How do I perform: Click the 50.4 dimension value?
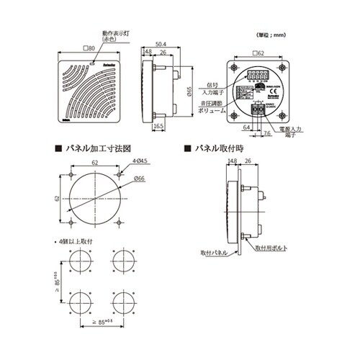coord(163,44)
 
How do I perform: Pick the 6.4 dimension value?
coord(247,127)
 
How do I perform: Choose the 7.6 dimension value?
coord(266,133)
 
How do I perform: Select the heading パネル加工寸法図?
coord(96,148)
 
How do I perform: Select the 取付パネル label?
coord(215,254)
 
